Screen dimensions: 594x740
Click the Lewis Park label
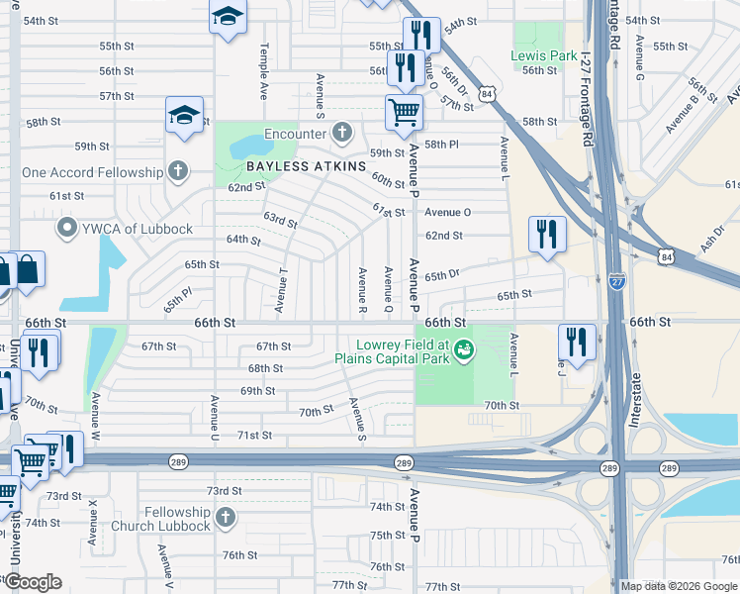point(543,56)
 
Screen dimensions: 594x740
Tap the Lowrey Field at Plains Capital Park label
point(391,351)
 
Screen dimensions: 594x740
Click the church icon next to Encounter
point(342,133)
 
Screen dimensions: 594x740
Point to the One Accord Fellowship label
point(92,172)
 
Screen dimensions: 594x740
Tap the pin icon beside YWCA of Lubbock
point(68,229)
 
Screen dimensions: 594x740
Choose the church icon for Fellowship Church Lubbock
point(226,518)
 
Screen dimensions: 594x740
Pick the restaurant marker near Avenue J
point(577,342)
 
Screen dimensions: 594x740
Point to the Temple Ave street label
point(264,58)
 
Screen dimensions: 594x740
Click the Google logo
point(33,582)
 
